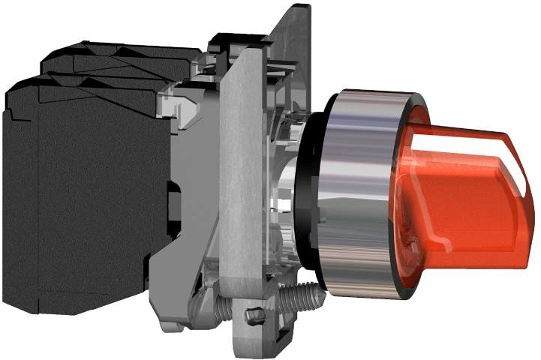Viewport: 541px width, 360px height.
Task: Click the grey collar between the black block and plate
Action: [191, 187]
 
